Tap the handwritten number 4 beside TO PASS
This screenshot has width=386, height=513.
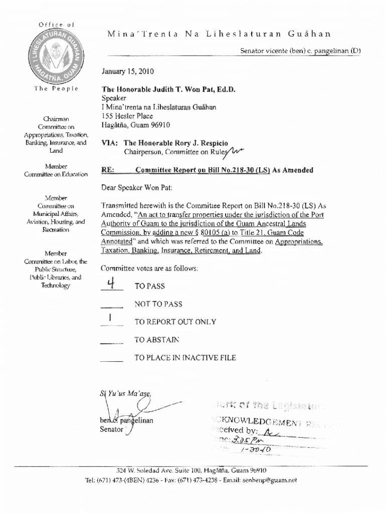pyautogui.click(x=112, y=285)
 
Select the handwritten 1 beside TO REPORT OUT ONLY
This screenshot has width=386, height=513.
pyautogui.click(x=110, y=318)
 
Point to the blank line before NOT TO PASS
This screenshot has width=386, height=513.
pyautogui.click(x=112, y=306)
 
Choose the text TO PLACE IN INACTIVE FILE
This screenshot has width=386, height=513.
pyautogui.click(x=185, y=358)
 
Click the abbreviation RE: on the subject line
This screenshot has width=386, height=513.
pyautogui.click(x=108, y=170)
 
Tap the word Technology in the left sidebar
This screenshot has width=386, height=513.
pyautogui.click(x=56, y=285)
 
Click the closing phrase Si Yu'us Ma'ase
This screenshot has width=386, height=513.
pyautogui.click(x=125, y=394)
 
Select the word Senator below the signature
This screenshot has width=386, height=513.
pyautogui.click(x=111, y=429)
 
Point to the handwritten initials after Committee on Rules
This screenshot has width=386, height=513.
pyautogui.click(x=235, y=150)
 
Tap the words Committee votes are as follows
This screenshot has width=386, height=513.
pyautogui.click(x=149, y=269)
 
